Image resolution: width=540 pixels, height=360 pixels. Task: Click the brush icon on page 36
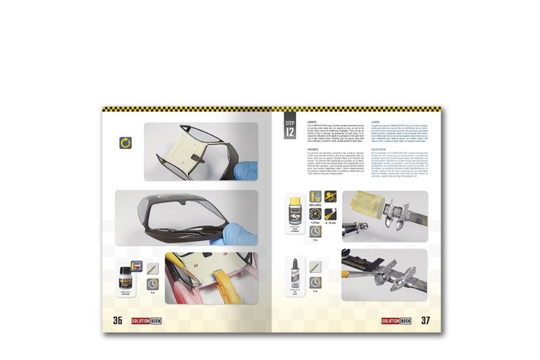point(153,267)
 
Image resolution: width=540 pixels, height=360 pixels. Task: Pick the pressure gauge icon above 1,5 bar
point(314,213)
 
